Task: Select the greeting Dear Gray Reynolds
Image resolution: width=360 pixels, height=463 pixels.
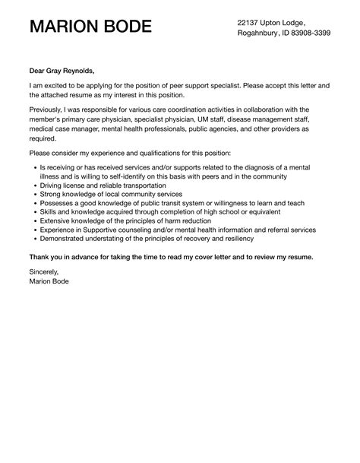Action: tap(63, 71)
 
